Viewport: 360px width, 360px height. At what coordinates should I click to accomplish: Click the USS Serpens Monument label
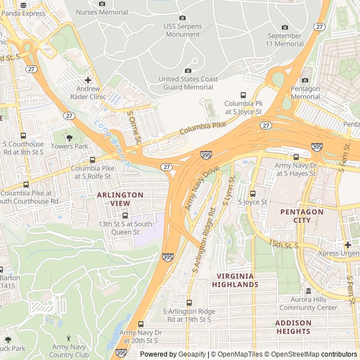[x=182, y=30]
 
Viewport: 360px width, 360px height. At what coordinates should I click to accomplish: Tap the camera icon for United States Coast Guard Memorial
[x=188, y=70]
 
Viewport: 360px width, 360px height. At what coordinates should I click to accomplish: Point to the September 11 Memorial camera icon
[x=285, y=27]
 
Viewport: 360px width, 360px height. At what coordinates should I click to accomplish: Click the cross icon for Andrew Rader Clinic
[x=88, y=79]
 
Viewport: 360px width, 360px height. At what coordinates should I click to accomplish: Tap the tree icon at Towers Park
[x=69, y=137]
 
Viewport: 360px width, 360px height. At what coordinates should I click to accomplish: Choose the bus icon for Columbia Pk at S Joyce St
[x=243, y=95]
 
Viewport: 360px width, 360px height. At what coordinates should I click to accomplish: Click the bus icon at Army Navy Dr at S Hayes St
[x=296, y=157]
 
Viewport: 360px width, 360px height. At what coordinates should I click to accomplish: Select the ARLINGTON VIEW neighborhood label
[x=120, y=199]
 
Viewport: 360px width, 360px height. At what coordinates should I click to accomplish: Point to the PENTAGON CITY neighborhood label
[x=302, y=216]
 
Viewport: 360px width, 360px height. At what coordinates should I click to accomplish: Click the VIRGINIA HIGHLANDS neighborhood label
[x=235, y=280]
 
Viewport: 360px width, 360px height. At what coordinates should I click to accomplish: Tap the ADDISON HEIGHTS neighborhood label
[x=293, y=327]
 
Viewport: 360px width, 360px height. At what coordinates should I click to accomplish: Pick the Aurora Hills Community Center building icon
[x=308, y=291]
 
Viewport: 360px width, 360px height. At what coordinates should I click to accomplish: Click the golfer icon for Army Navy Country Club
[x=69, y=338]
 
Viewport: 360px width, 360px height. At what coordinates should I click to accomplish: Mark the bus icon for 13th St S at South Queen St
[x=125, y=215]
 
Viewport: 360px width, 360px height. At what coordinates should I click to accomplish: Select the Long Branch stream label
[x=112, y=143]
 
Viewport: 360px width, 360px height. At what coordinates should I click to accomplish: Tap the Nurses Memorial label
[x=102, y=11]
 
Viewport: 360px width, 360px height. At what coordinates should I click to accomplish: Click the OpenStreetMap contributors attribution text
[x=301, y=354]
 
